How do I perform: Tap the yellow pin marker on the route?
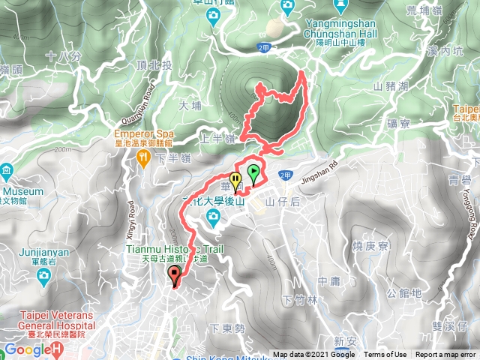point(236,181)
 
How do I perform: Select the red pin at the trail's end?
point(175,274)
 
